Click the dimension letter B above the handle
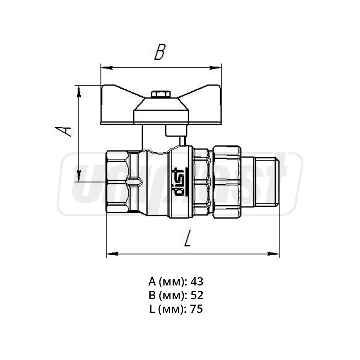[x=159, y=52]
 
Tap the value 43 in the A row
[x=197, y=281]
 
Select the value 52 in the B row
[x=197, y=295]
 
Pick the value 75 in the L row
[x=197, y=309]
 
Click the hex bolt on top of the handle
[x=161, y=94]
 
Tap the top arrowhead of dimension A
[x=78, y=90]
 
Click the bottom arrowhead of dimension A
[x=78, y=178]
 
